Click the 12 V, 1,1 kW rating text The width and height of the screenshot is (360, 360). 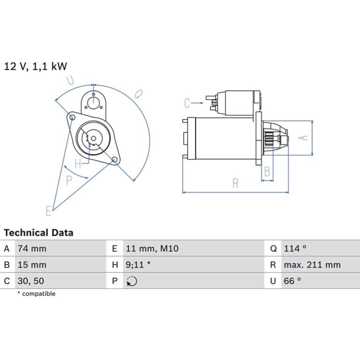(x=36, y=66)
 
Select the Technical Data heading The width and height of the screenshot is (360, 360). (x=38, y=232)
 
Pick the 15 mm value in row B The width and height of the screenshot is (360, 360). (x=32, y=265)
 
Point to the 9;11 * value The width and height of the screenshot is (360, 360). (x=138, y=265)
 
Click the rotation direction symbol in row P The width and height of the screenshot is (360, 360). (x=132, y=281)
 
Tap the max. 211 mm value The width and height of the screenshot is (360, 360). (x=312, y=265)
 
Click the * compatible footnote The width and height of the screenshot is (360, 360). (x=36, y=294)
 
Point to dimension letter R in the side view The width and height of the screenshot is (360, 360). (x=235, y=183)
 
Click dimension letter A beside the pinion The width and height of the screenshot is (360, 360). (x=303, y=137)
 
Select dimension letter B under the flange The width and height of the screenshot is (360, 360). (x=267, y=171)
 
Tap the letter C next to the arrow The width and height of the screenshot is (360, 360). (x=187, y=103)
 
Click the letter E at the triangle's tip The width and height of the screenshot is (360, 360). (x=49, y=211)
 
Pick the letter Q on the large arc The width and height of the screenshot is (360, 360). (x=138, y=94)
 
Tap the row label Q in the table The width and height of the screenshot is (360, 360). (x=273, y=249)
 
